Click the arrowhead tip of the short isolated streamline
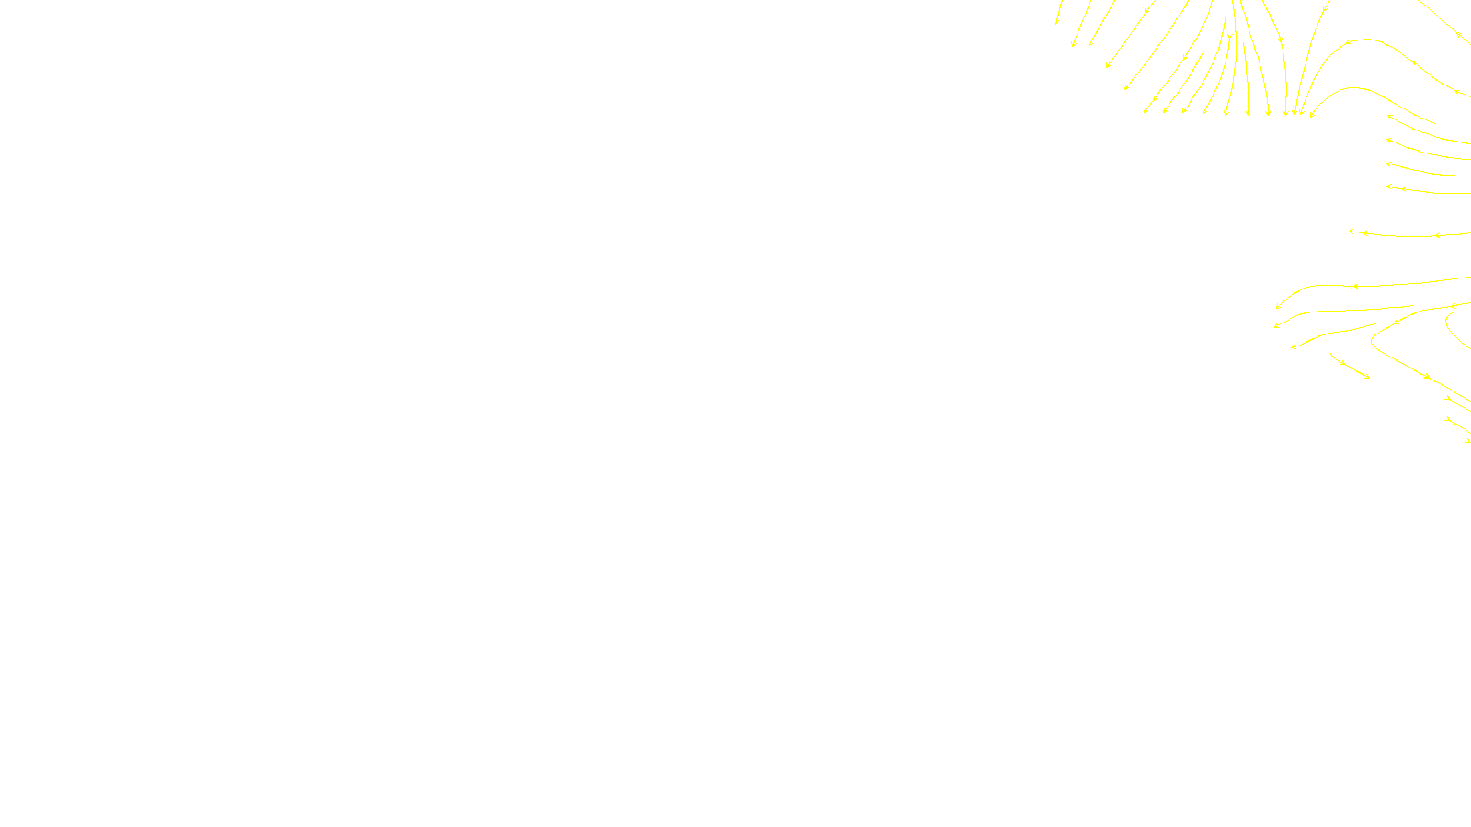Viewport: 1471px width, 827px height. [x=1369, y=377]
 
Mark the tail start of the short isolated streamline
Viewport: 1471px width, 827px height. [x=1329, y=356]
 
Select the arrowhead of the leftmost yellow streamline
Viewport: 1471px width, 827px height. [x=1056, y=23]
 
